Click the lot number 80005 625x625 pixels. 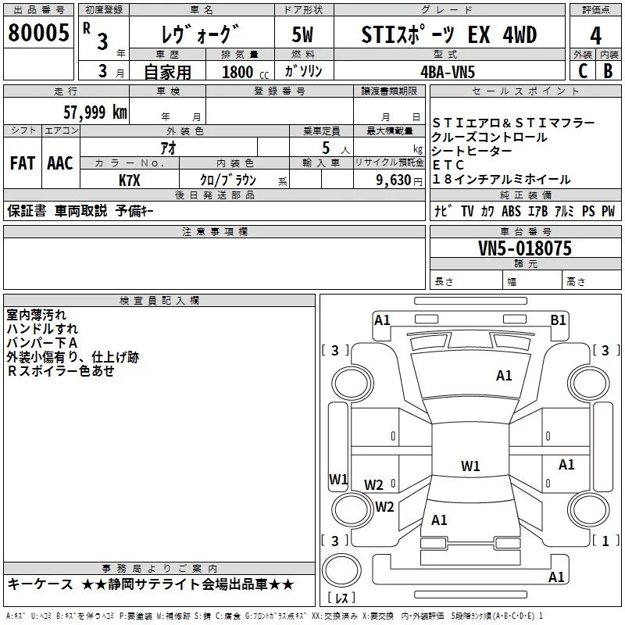coord(37,33)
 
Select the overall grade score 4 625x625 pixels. coord(595,36)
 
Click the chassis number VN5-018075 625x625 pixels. coord(525,248)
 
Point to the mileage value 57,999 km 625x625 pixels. coord(95,112)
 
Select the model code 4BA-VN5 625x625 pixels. coord(447,70)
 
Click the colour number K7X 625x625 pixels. coord(129,179)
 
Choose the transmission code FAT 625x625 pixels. coord(22,163)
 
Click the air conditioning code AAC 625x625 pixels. coord(59,163)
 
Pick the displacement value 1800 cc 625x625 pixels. coord(243,71)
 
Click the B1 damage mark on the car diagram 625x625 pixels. coord(558,319)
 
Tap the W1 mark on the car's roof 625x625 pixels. coord(470,466)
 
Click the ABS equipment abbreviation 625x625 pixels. coord(511,211)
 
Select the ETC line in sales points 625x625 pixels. coord(448,166)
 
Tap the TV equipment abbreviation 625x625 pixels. coord(467,211)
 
